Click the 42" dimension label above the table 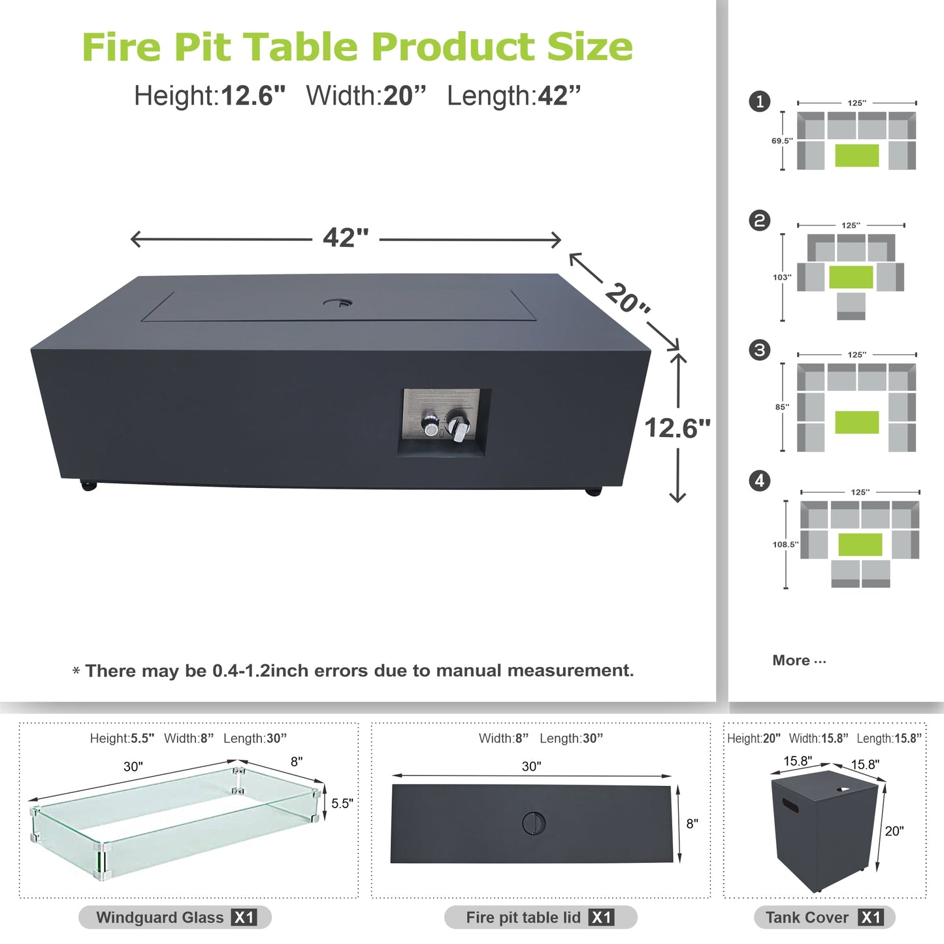click(x=346, y=238)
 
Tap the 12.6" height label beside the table click(x=677, y=429)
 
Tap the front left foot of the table click(x=88, y=485)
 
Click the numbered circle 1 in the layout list click(x=759, y=102)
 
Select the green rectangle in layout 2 click(x=851, y=277)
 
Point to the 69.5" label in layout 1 click(x=781, y=141)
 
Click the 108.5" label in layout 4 click(x=785, y=544)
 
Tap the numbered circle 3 click(x=759, y=350)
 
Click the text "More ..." click(x=799, y=660)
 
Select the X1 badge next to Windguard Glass click(x=244, y=917)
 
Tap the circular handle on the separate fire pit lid click(x=534, y=823)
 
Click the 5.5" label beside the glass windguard click(x=342, y=804)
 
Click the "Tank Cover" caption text click(x=807, y=917)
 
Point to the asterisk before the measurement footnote click(x=76, y=671)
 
